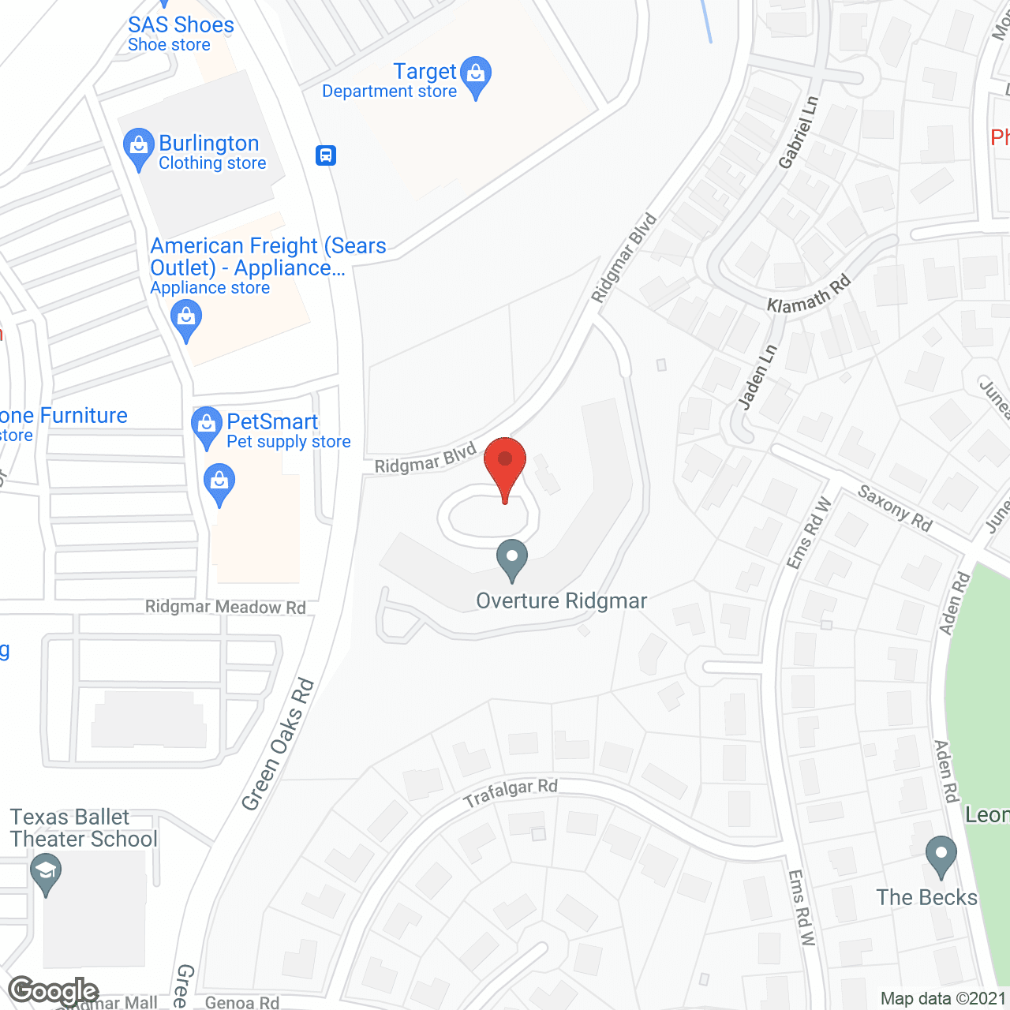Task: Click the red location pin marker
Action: click(x=505, y=462)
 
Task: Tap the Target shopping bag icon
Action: click(x=475, y=74)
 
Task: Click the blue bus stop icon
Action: click(x=326, y=155)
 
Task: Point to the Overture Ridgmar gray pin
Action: click(x=512, y=558)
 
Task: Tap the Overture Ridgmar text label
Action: click(x=561, y=601)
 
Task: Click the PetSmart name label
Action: click(x=272, y=422)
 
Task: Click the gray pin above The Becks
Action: click(x=941, y=855)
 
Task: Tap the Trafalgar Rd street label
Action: click(x=511, y=793)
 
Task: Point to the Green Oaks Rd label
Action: click(x=278, y=745)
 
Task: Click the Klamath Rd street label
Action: click(x=809, y=294)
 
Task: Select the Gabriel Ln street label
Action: click(x=799, y=133)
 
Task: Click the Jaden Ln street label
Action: click(x=757, y=376)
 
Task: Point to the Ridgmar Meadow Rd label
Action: click(x=225, y=607)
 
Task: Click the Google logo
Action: click(x=53, y=991)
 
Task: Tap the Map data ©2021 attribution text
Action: click(x=944, y=999)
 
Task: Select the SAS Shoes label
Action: click(x=181, y=25)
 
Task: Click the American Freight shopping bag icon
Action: click(x=186, y=320)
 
